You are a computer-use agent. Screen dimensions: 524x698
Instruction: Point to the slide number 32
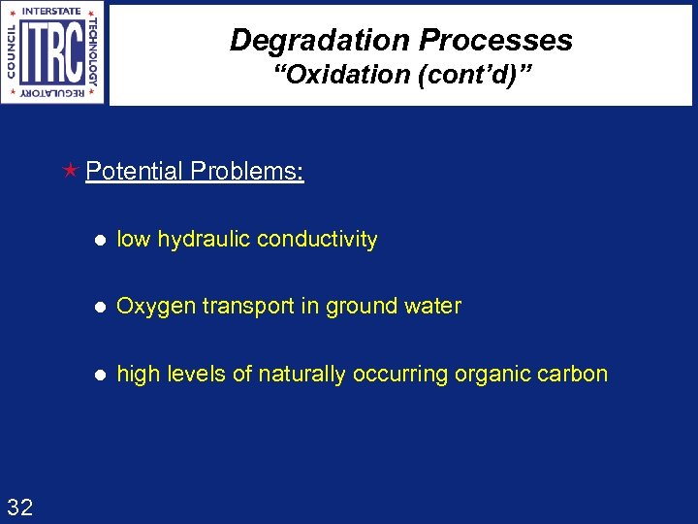(x=19, y=506)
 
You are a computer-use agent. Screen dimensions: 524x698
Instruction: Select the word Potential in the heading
(x=134, y=172)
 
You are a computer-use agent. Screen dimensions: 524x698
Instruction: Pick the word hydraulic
(x=201, y=240)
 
